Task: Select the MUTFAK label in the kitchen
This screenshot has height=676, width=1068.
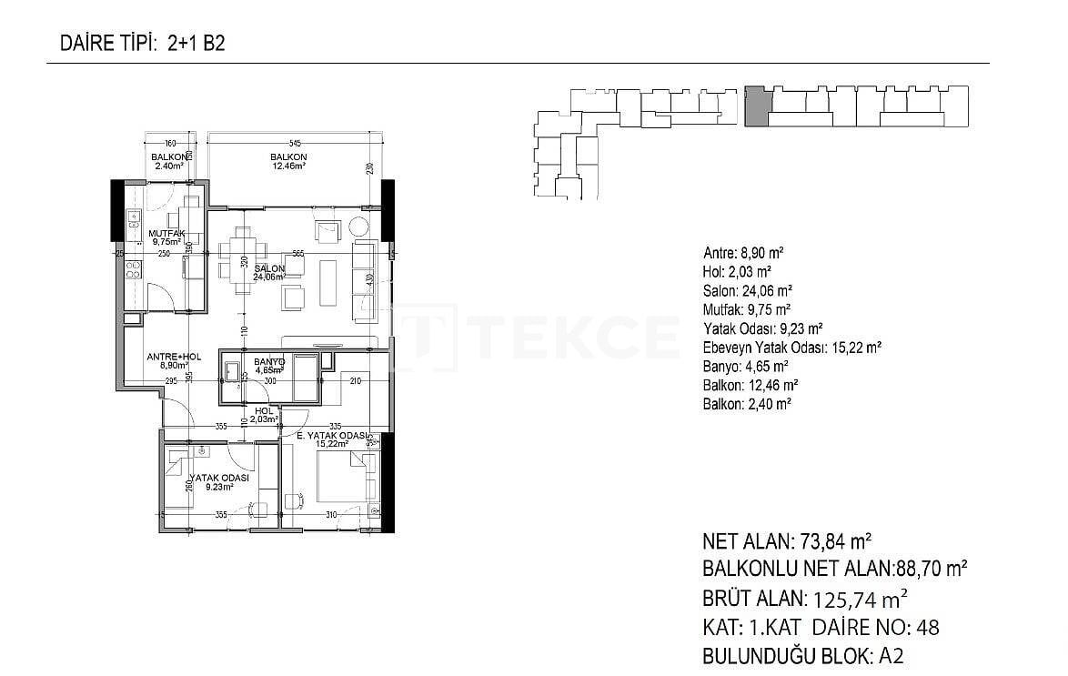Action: (166, 234)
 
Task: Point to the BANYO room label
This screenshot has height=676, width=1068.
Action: (269, 362)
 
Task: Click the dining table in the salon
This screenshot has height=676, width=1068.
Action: (243, 259)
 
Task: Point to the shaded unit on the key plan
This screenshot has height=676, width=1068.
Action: (756, 106)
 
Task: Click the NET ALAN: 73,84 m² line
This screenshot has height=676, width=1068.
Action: (789, 542)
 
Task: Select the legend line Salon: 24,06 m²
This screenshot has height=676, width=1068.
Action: (747, 290)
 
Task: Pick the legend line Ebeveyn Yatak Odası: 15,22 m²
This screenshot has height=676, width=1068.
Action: (791, 348)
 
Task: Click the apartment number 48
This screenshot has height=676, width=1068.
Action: (928, 627)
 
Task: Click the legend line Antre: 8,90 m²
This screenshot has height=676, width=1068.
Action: (743, 253)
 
